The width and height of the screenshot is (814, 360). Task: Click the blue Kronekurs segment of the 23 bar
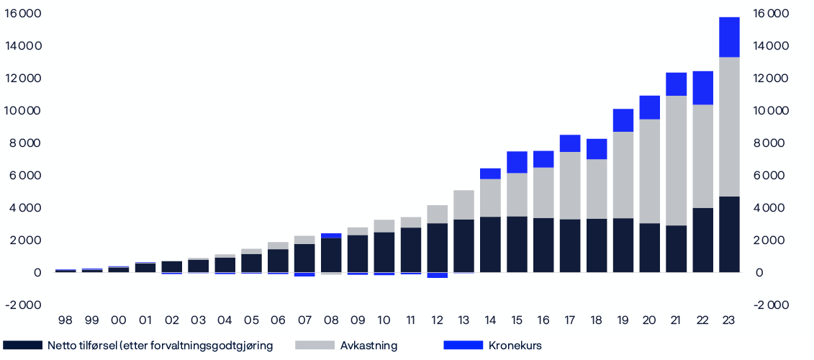point(729,37)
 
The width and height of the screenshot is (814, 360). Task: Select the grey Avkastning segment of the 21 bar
point(676,161)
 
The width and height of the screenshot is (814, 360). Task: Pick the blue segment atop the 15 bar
point(517,162)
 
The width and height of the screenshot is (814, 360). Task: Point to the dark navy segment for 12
point(437,248)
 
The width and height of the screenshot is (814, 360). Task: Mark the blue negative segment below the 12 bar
point(437,275)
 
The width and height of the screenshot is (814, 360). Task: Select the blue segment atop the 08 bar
point(331,235)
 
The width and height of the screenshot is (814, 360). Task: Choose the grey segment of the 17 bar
point(570,185)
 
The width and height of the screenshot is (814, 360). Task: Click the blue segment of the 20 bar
point(649,107)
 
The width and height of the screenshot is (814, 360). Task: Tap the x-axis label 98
point(65,320)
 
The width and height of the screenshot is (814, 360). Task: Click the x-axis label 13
point(463,320)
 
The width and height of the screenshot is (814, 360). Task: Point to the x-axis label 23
point(729,320)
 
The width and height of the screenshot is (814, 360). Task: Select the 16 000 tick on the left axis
point(22,14)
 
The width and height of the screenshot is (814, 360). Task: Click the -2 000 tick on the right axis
point(770,305)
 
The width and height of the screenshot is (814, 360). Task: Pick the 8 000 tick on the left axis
point(24,143)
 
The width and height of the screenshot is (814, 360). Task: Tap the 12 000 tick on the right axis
point(770,78)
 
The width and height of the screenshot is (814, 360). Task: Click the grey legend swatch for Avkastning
point(315,346)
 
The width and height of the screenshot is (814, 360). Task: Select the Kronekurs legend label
point(515,346)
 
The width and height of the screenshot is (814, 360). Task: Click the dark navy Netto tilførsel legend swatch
point(22,346)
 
